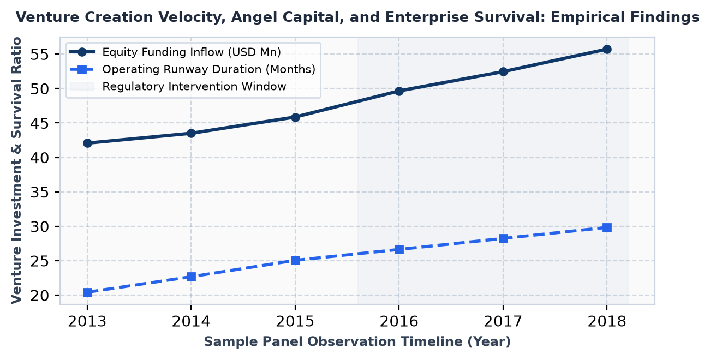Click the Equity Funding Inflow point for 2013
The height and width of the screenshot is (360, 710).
pyautogui.click(x=87, y=143)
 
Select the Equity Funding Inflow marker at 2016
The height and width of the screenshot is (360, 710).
pyautogui.click(x=399, y=91)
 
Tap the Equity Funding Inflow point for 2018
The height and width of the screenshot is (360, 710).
pyautogui.click(x=607, y=50)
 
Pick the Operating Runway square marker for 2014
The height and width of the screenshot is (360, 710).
pyautogui.click(x=191, y=277)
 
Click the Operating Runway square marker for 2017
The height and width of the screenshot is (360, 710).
pyautogui.click(x=503, y=238)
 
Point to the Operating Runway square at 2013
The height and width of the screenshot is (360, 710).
pyautogui.click(x=87, y=292)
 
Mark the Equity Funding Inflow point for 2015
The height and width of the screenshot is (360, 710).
pyautogui.click(x=295, y=117)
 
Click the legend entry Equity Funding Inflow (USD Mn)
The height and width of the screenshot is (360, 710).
pyautogui.click(x=192, y=52)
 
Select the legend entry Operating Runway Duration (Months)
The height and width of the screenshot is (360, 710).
pyautogui.click(x=208, y=69)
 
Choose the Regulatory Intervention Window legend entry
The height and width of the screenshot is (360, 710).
pyautogui.click(x=194, y=87)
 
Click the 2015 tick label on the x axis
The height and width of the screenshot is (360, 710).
pyautogui.click(x=295, y=322)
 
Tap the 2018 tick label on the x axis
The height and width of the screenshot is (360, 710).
pyautogui.click(x=607, y=322)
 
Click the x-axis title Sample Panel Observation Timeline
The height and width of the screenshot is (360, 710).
pyautogui.click(x=357, y=341)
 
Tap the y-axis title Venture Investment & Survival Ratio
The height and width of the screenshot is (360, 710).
pyautogui.click(x=16, y=171)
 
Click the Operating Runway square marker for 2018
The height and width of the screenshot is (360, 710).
pyautogui.click(x=607, y=227)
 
